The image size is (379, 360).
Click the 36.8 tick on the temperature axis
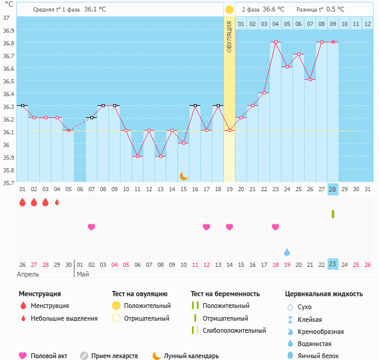pos(8,43)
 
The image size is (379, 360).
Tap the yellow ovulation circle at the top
pos(229,10)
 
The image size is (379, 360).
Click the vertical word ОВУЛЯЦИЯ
pos(229,36)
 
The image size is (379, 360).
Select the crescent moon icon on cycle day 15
pos(183,175)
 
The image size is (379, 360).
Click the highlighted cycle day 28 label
pos(332,189)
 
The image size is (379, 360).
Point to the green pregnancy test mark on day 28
pos(332,214)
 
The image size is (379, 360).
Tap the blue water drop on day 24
pos(287,252)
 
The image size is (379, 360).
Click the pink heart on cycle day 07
pos(91,227)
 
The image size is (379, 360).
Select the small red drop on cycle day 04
pos(57,203)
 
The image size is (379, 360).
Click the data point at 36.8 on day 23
pos(275,42)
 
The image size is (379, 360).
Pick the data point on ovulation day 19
pos(229,130)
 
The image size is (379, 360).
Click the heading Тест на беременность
pos(229,294)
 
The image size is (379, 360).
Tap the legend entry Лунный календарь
pos(191,356)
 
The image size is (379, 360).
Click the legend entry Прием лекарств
pos(114,356)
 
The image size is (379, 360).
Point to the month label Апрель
pos(28,274)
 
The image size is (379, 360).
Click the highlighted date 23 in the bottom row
pos(332,264)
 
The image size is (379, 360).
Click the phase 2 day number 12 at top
pos(367,24)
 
